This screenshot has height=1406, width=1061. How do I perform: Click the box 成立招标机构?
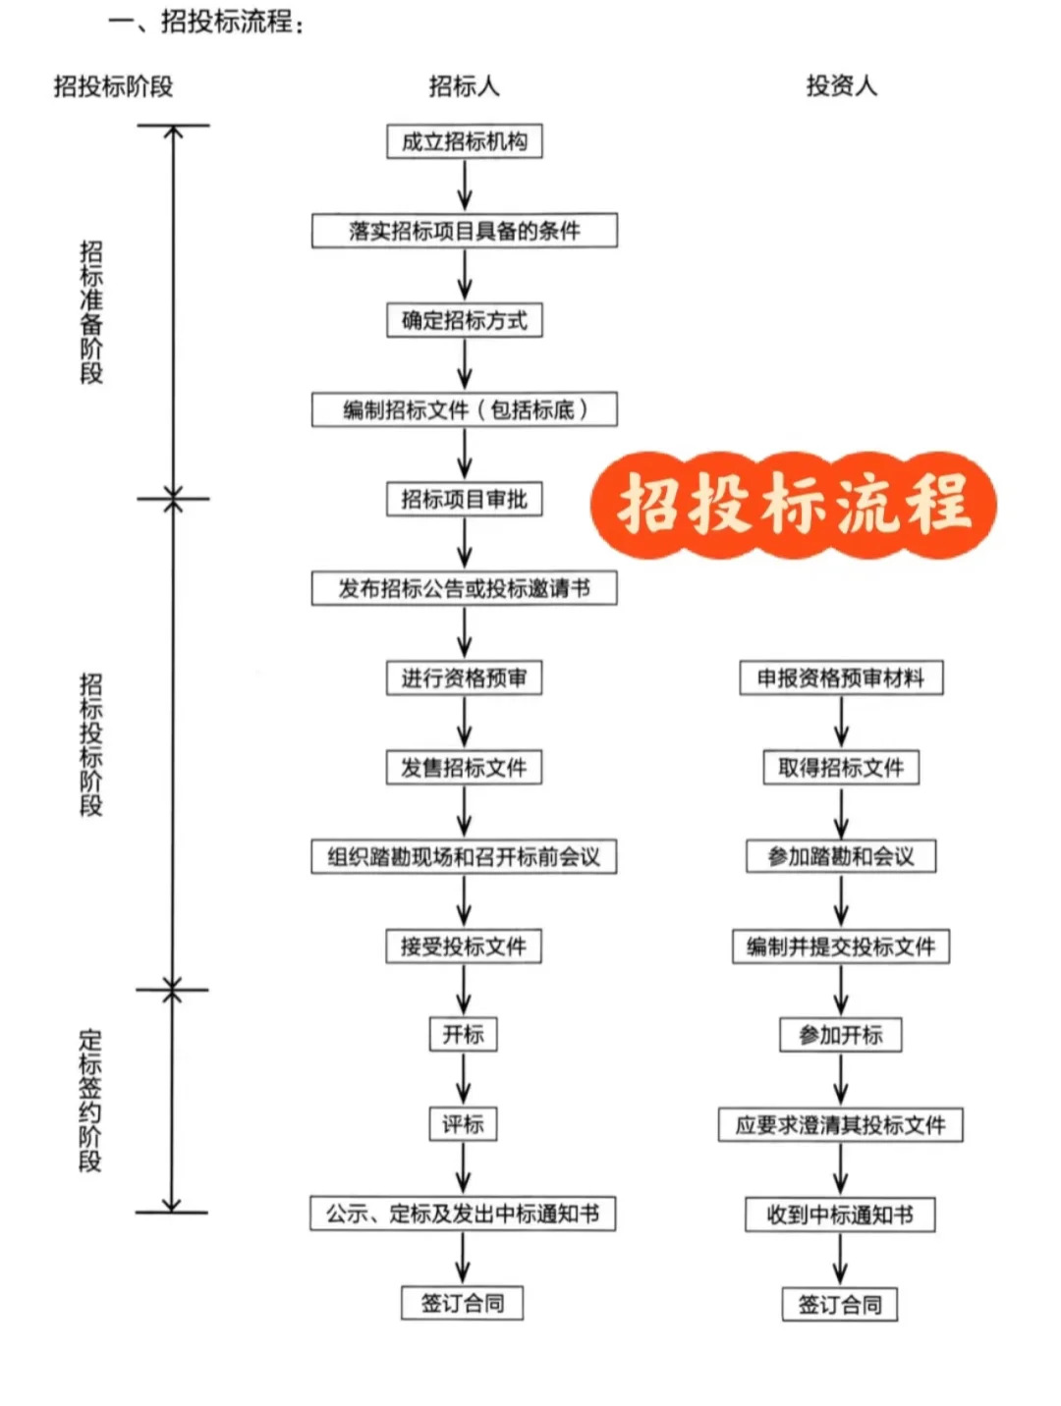[464, 141]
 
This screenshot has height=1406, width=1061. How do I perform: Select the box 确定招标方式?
[464, 320]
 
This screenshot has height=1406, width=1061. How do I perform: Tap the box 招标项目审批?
[464, 499]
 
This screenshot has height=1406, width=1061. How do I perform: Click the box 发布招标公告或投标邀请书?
[464, 588]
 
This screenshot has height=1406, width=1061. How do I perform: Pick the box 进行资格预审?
[464, 677]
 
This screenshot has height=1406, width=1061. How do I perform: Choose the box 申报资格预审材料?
[841, 677]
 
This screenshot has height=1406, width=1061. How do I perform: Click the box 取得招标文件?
[841, 767]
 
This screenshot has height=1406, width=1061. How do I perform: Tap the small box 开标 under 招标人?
[463, 1034]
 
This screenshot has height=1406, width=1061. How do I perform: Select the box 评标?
[463, 1123]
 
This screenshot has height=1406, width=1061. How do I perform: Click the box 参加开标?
[841, 1035]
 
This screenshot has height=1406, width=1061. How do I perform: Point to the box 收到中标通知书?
[840, 1215]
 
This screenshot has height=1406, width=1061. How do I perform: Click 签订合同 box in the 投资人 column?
[840, 1305]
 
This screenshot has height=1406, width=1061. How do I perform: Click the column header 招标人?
[464, 86]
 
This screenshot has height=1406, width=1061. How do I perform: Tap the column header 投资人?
[841, 86]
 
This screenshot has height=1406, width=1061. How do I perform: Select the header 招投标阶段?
[113, 86]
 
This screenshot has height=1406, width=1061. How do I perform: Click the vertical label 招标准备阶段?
[90, 311]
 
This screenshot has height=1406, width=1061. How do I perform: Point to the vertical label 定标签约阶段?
[89, 1100]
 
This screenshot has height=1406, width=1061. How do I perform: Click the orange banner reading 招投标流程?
[794, 505]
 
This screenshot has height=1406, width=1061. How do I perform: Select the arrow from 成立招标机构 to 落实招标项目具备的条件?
[464, 185]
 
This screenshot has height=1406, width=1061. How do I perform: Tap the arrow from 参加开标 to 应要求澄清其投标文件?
[841, 1079]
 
